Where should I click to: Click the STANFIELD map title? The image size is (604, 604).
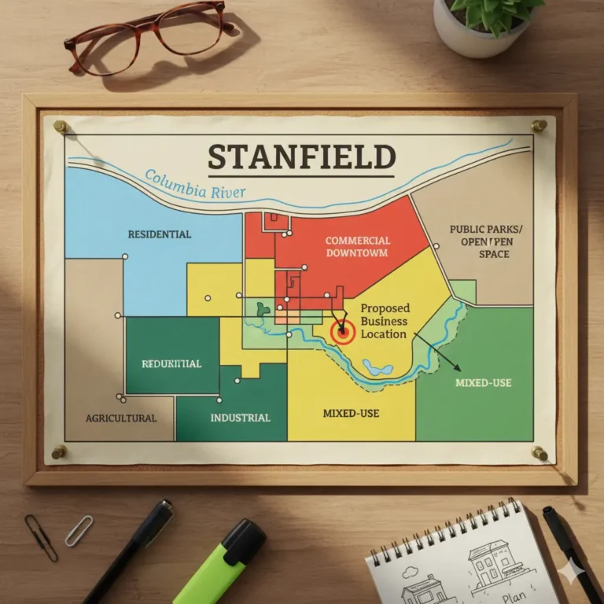(301, 157)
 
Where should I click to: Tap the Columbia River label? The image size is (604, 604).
(195, 183)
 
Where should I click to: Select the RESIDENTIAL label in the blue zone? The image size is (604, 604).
(159, 234)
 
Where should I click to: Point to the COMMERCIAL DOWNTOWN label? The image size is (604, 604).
(357, 246)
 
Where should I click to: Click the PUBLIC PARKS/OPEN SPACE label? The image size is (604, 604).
(485, 241)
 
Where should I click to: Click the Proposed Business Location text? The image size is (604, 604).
(384, 321)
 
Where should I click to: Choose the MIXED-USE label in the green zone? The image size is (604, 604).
(483, 382)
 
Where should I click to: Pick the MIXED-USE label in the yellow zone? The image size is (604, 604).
(349, 412)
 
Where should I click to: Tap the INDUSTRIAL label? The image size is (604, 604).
(240, 418)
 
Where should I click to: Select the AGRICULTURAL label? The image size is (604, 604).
(121, 418)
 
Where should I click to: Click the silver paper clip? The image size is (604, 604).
(79, 530)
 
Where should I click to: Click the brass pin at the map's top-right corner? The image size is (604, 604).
(539, 125)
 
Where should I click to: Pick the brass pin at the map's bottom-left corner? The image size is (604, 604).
(59, 451)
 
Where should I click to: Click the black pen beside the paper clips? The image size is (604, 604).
(130, 551)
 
